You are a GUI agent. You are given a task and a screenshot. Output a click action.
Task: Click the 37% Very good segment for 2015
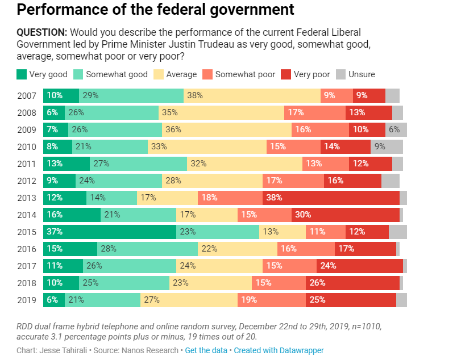coord(109,232)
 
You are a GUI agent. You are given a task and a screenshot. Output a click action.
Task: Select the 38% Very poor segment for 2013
coord(331,198)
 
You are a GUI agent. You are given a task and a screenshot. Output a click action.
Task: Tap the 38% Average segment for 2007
coord(252,95)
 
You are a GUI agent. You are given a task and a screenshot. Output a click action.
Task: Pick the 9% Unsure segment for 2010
coord(387,146)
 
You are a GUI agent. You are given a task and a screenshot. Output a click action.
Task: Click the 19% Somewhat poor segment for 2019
coord(272,300)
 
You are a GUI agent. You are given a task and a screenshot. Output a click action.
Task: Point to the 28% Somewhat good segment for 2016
coord(147,249)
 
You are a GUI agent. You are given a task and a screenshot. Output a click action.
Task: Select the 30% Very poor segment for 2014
coord(345,215)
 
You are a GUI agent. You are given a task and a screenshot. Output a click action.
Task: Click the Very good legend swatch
coord(22,74)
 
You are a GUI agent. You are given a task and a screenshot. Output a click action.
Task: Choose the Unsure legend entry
coord(362,74)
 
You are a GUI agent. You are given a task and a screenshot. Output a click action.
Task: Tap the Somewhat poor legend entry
coord(245,74)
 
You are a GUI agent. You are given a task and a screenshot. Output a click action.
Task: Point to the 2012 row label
coord(27,181)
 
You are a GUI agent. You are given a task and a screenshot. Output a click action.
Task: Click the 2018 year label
coord(27,283)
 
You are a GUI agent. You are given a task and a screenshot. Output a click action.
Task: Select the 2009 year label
coord(27,129)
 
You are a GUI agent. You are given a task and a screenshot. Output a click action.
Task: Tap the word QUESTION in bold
coord(43,32)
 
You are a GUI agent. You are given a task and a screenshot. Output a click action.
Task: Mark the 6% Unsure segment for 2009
coord(396,129)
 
